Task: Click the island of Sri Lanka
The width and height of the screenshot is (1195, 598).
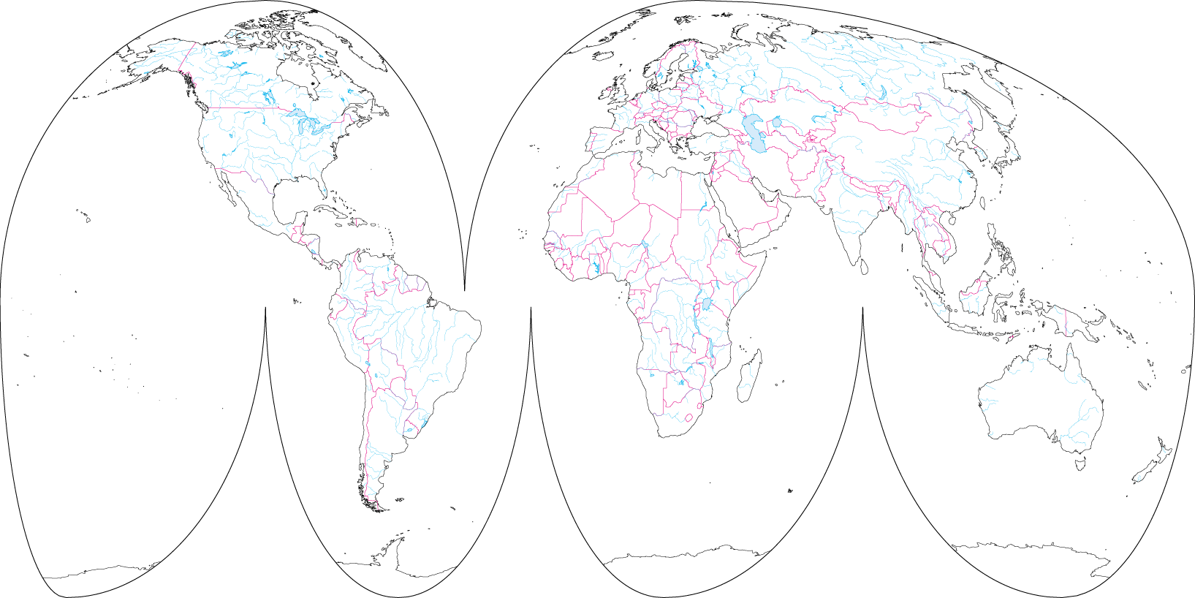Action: (864, 267)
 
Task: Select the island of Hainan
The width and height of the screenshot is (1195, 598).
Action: (952, 219)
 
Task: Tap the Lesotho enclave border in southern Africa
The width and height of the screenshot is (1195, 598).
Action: (688, 418)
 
